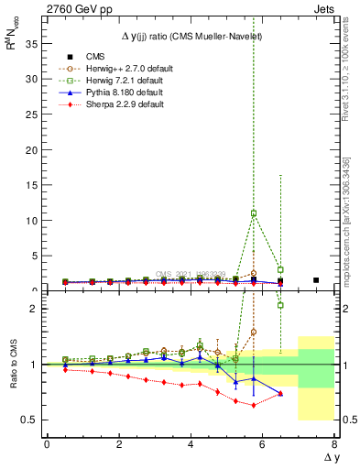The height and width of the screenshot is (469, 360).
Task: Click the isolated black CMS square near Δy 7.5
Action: tap(316, 280)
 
